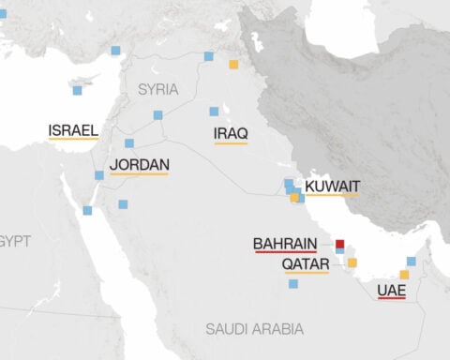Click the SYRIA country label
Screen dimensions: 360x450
(157, 90)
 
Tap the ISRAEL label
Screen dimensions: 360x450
(74, 128)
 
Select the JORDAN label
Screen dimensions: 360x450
(139, 164)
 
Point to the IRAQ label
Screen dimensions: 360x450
(231, 134)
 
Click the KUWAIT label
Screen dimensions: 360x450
(332, 187)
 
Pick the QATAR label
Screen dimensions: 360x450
(305, 264)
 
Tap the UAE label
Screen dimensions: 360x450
(391, 291)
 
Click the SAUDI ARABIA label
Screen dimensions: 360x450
(255, 328)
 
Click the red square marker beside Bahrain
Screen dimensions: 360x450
(340, 243)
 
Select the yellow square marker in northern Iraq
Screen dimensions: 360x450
(233, 65)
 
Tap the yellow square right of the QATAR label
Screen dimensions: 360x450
(352, 262)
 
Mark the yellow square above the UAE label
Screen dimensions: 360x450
(404, 275)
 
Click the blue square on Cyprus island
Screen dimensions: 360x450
(77, 91)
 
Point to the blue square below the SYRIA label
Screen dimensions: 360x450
(157, 115)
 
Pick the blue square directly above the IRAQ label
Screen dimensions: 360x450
(215, 111)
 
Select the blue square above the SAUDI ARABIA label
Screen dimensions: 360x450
(293, 283)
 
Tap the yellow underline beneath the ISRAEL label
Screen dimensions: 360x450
(74, 138)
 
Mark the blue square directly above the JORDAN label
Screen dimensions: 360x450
(129, 143)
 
